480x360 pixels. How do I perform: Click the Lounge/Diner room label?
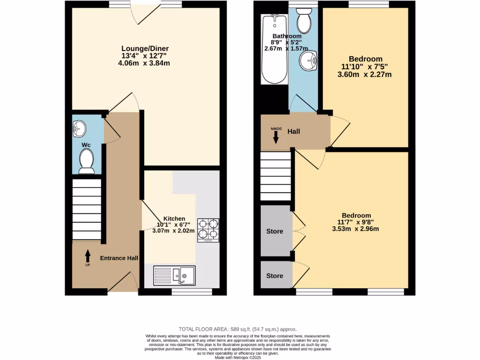pyautogui.click(x=145, y=49)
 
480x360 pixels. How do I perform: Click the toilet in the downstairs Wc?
pyautogui.click(x=86, y=161)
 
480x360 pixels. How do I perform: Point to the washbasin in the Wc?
pyautogui.click(x=80, y=127)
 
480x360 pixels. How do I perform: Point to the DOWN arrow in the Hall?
pyautogui.click(x=276, y=136)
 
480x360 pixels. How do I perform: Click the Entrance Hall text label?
pyautogui.click(x=119, y=258)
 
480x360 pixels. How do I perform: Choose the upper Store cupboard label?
pyautogui.click(x=275, y=231)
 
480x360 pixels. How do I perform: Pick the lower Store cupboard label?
pyautogui.click(x=275, y=276)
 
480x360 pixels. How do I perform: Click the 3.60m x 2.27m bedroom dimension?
pyautogui.click(x=365, y=74)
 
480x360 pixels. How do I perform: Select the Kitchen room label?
pyautogui.click(x=174, y=218)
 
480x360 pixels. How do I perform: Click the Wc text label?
pyautogui.click(x=86, y=145)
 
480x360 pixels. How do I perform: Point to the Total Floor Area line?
pyautogui.click(x=238, y=330)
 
